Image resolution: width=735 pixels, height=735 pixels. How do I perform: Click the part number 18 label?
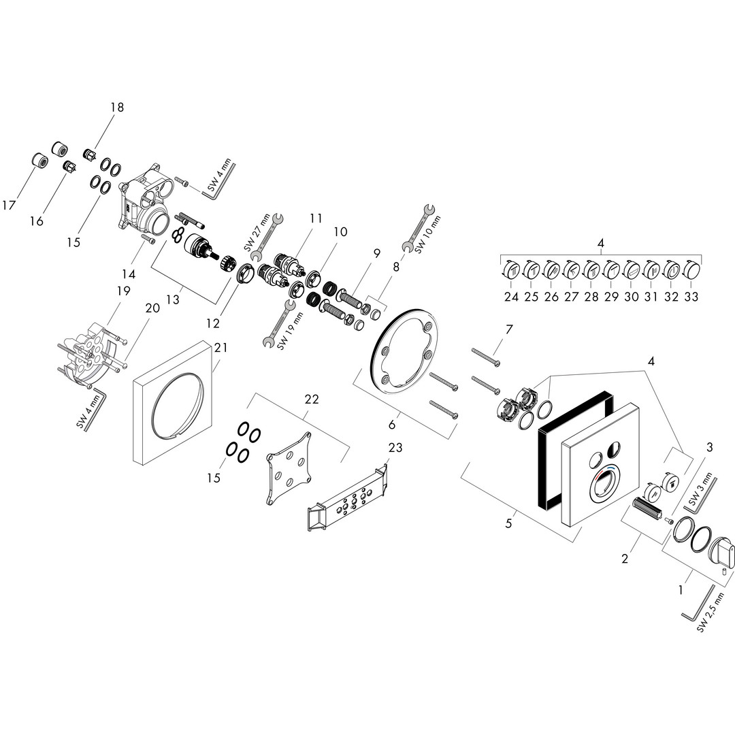(118, 107)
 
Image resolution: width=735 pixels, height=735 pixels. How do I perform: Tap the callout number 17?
(9, 203)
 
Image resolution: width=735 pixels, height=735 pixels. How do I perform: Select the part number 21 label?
(220, 347)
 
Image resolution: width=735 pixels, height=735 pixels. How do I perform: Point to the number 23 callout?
(395, 447)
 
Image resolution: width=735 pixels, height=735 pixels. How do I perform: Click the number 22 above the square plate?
(312, 399)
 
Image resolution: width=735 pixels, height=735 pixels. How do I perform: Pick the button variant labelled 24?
(512, 271)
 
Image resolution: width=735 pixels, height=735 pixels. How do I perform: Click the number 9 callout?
(376, 252)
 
